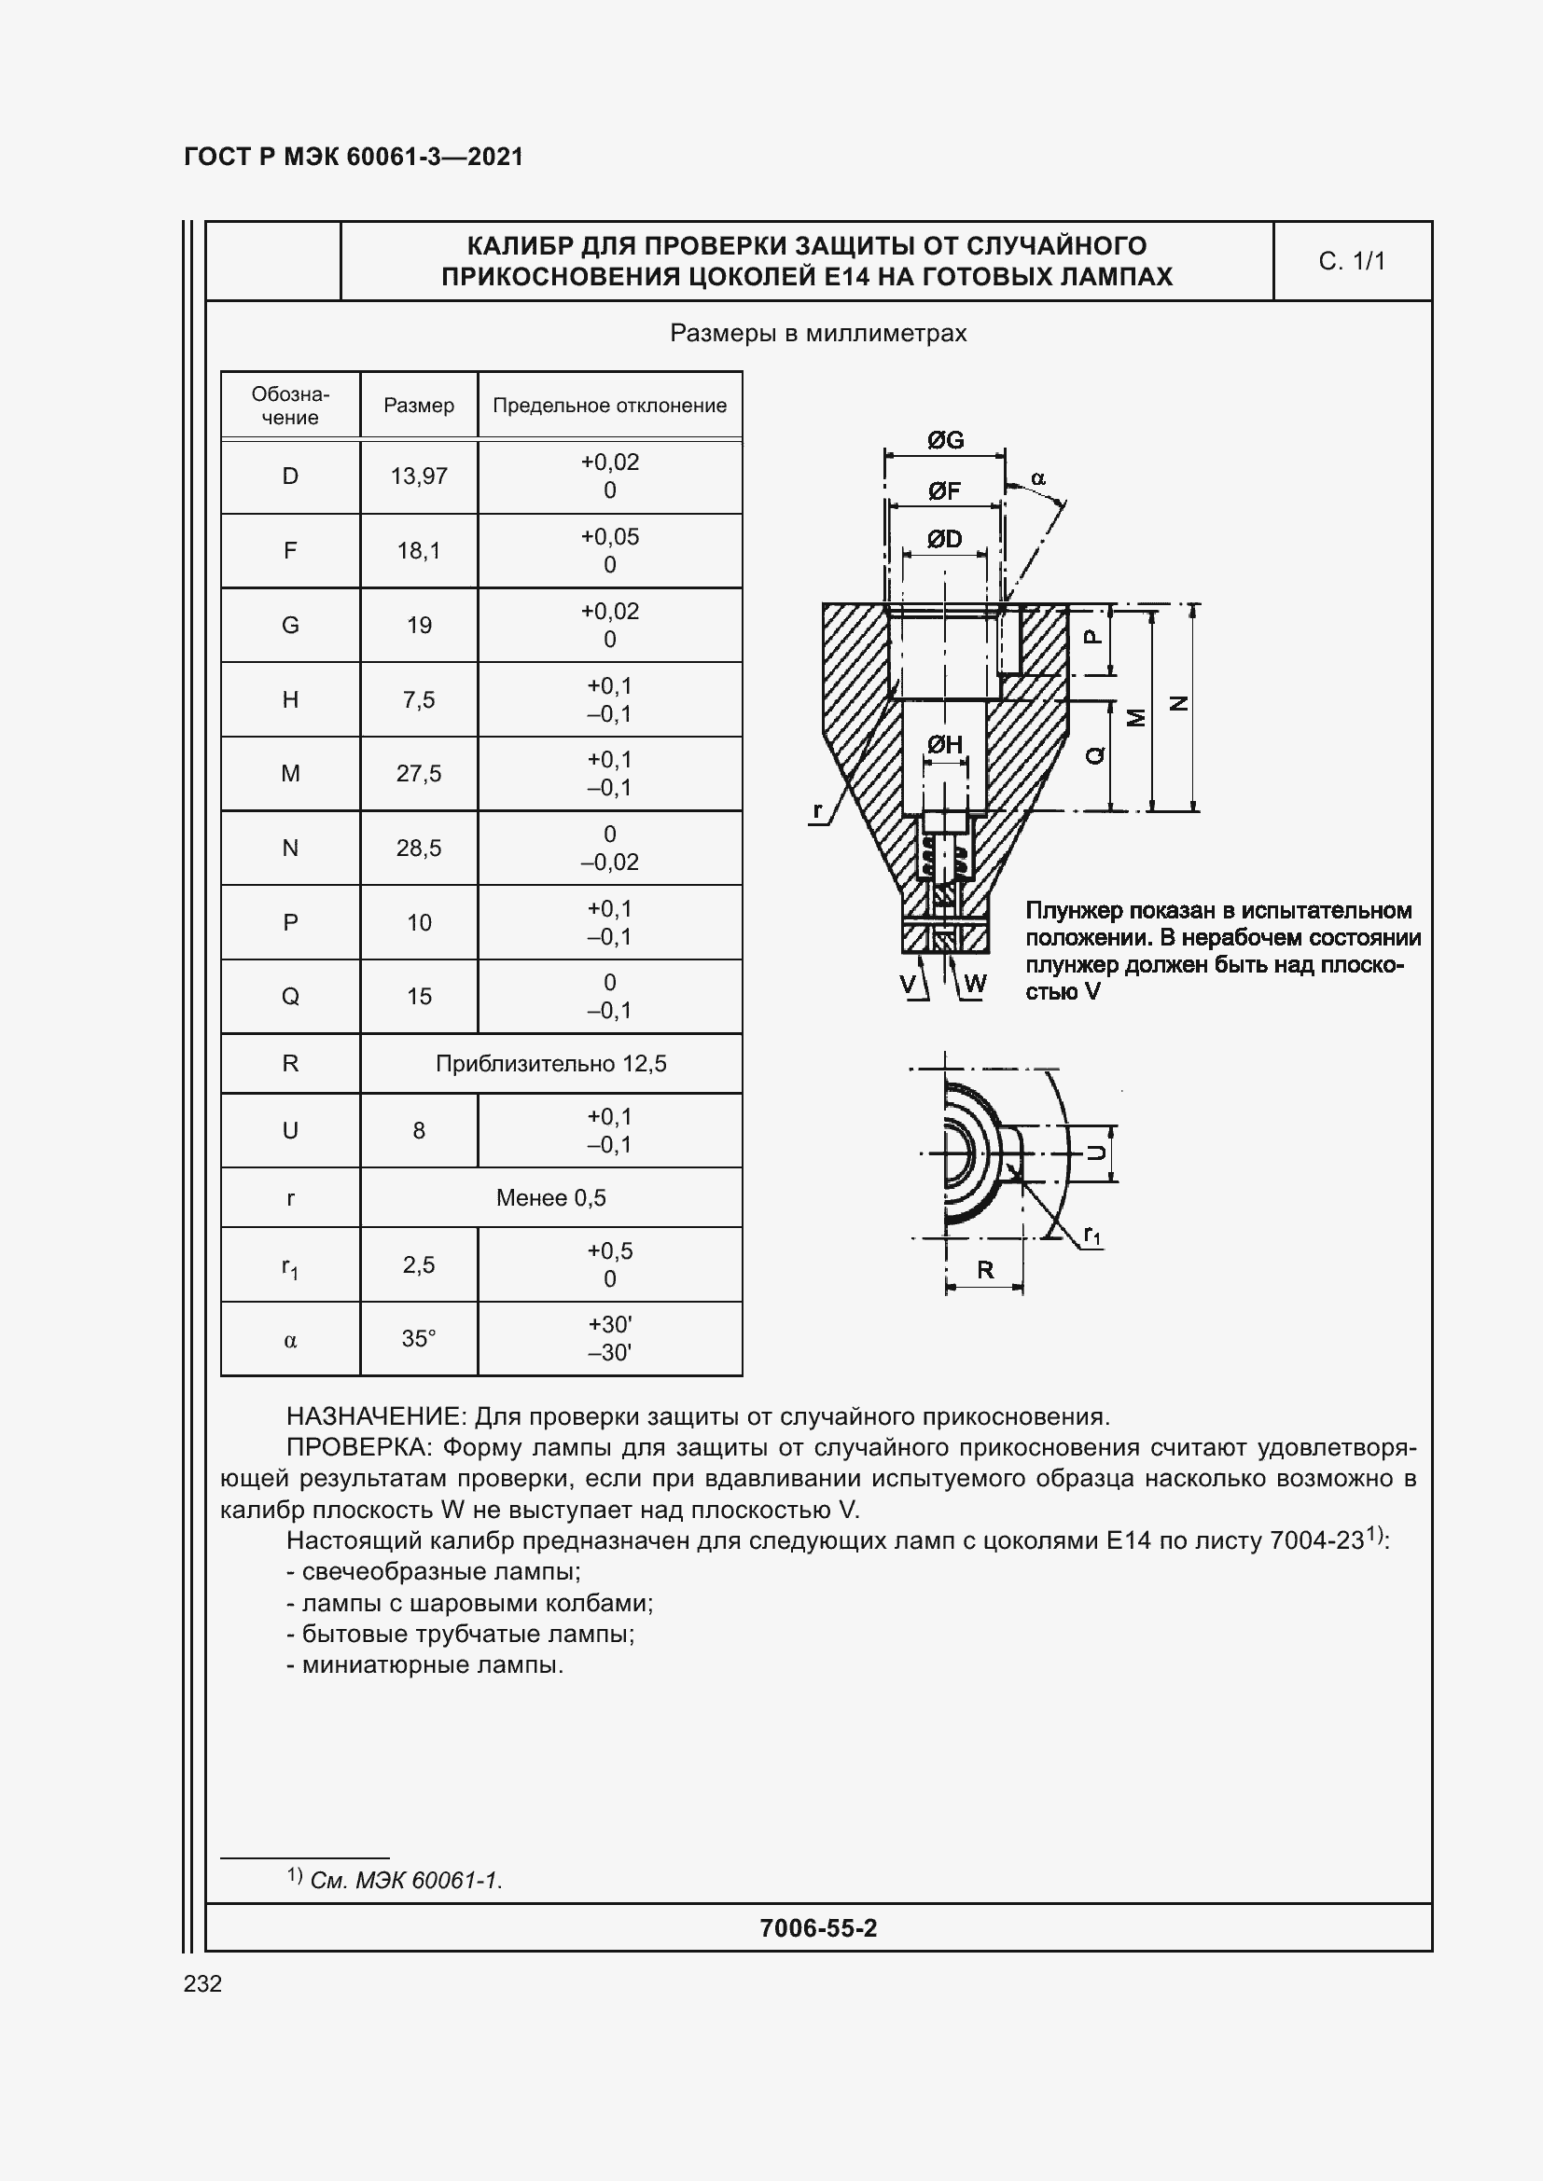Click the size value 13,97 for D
pyautogui.click(x=418, y=476)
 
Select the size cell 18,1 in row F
pyautogui.click(x=418, y=551)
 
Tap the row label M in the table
pyautogui.click(x=290, y=773)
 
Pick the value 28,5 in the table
pyautogui.click(x=418, y=849)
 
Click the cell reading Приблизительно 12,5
pyautogui.click(x=551, y=1064)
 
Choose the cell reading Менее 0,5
pyautogui.click(x=551, y=1198)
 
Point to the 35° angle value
pyautogui.click(x=418, y=1338)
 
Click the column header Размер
pyautogui.click(x=418, y=406)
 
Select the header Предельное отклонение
pyautogui.click(x=609, y=406)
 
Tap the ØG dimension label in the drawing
pyautogui.click(x=945, y=440)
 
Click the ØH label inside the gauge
pyautogui.click(x=944, y=745)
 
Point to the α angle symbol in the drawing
pyautogui.click(x=1038, y=478)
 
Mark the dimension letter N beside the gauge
pyautogui.click(x=1179, y=704)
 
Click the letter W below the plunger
pyautogui.click(x=976, y=983)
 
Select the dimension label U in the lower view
pyautogui.click(x=1095, y=1153)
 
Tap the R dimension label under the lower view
pyautogui.click(x=985, y=1270)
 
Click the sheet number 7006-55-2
pyautogui.click(x=818, y=1927)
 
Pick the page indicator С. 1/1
pyautogui.click(x=1351, y=261)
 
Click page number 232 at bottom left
pyautogui.click(x=202, y=1983)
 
